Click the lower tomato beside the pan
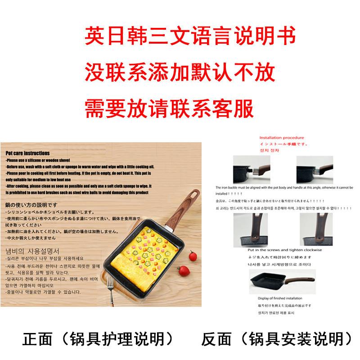(183, 272)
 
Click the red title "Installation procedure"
(282, 138)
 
